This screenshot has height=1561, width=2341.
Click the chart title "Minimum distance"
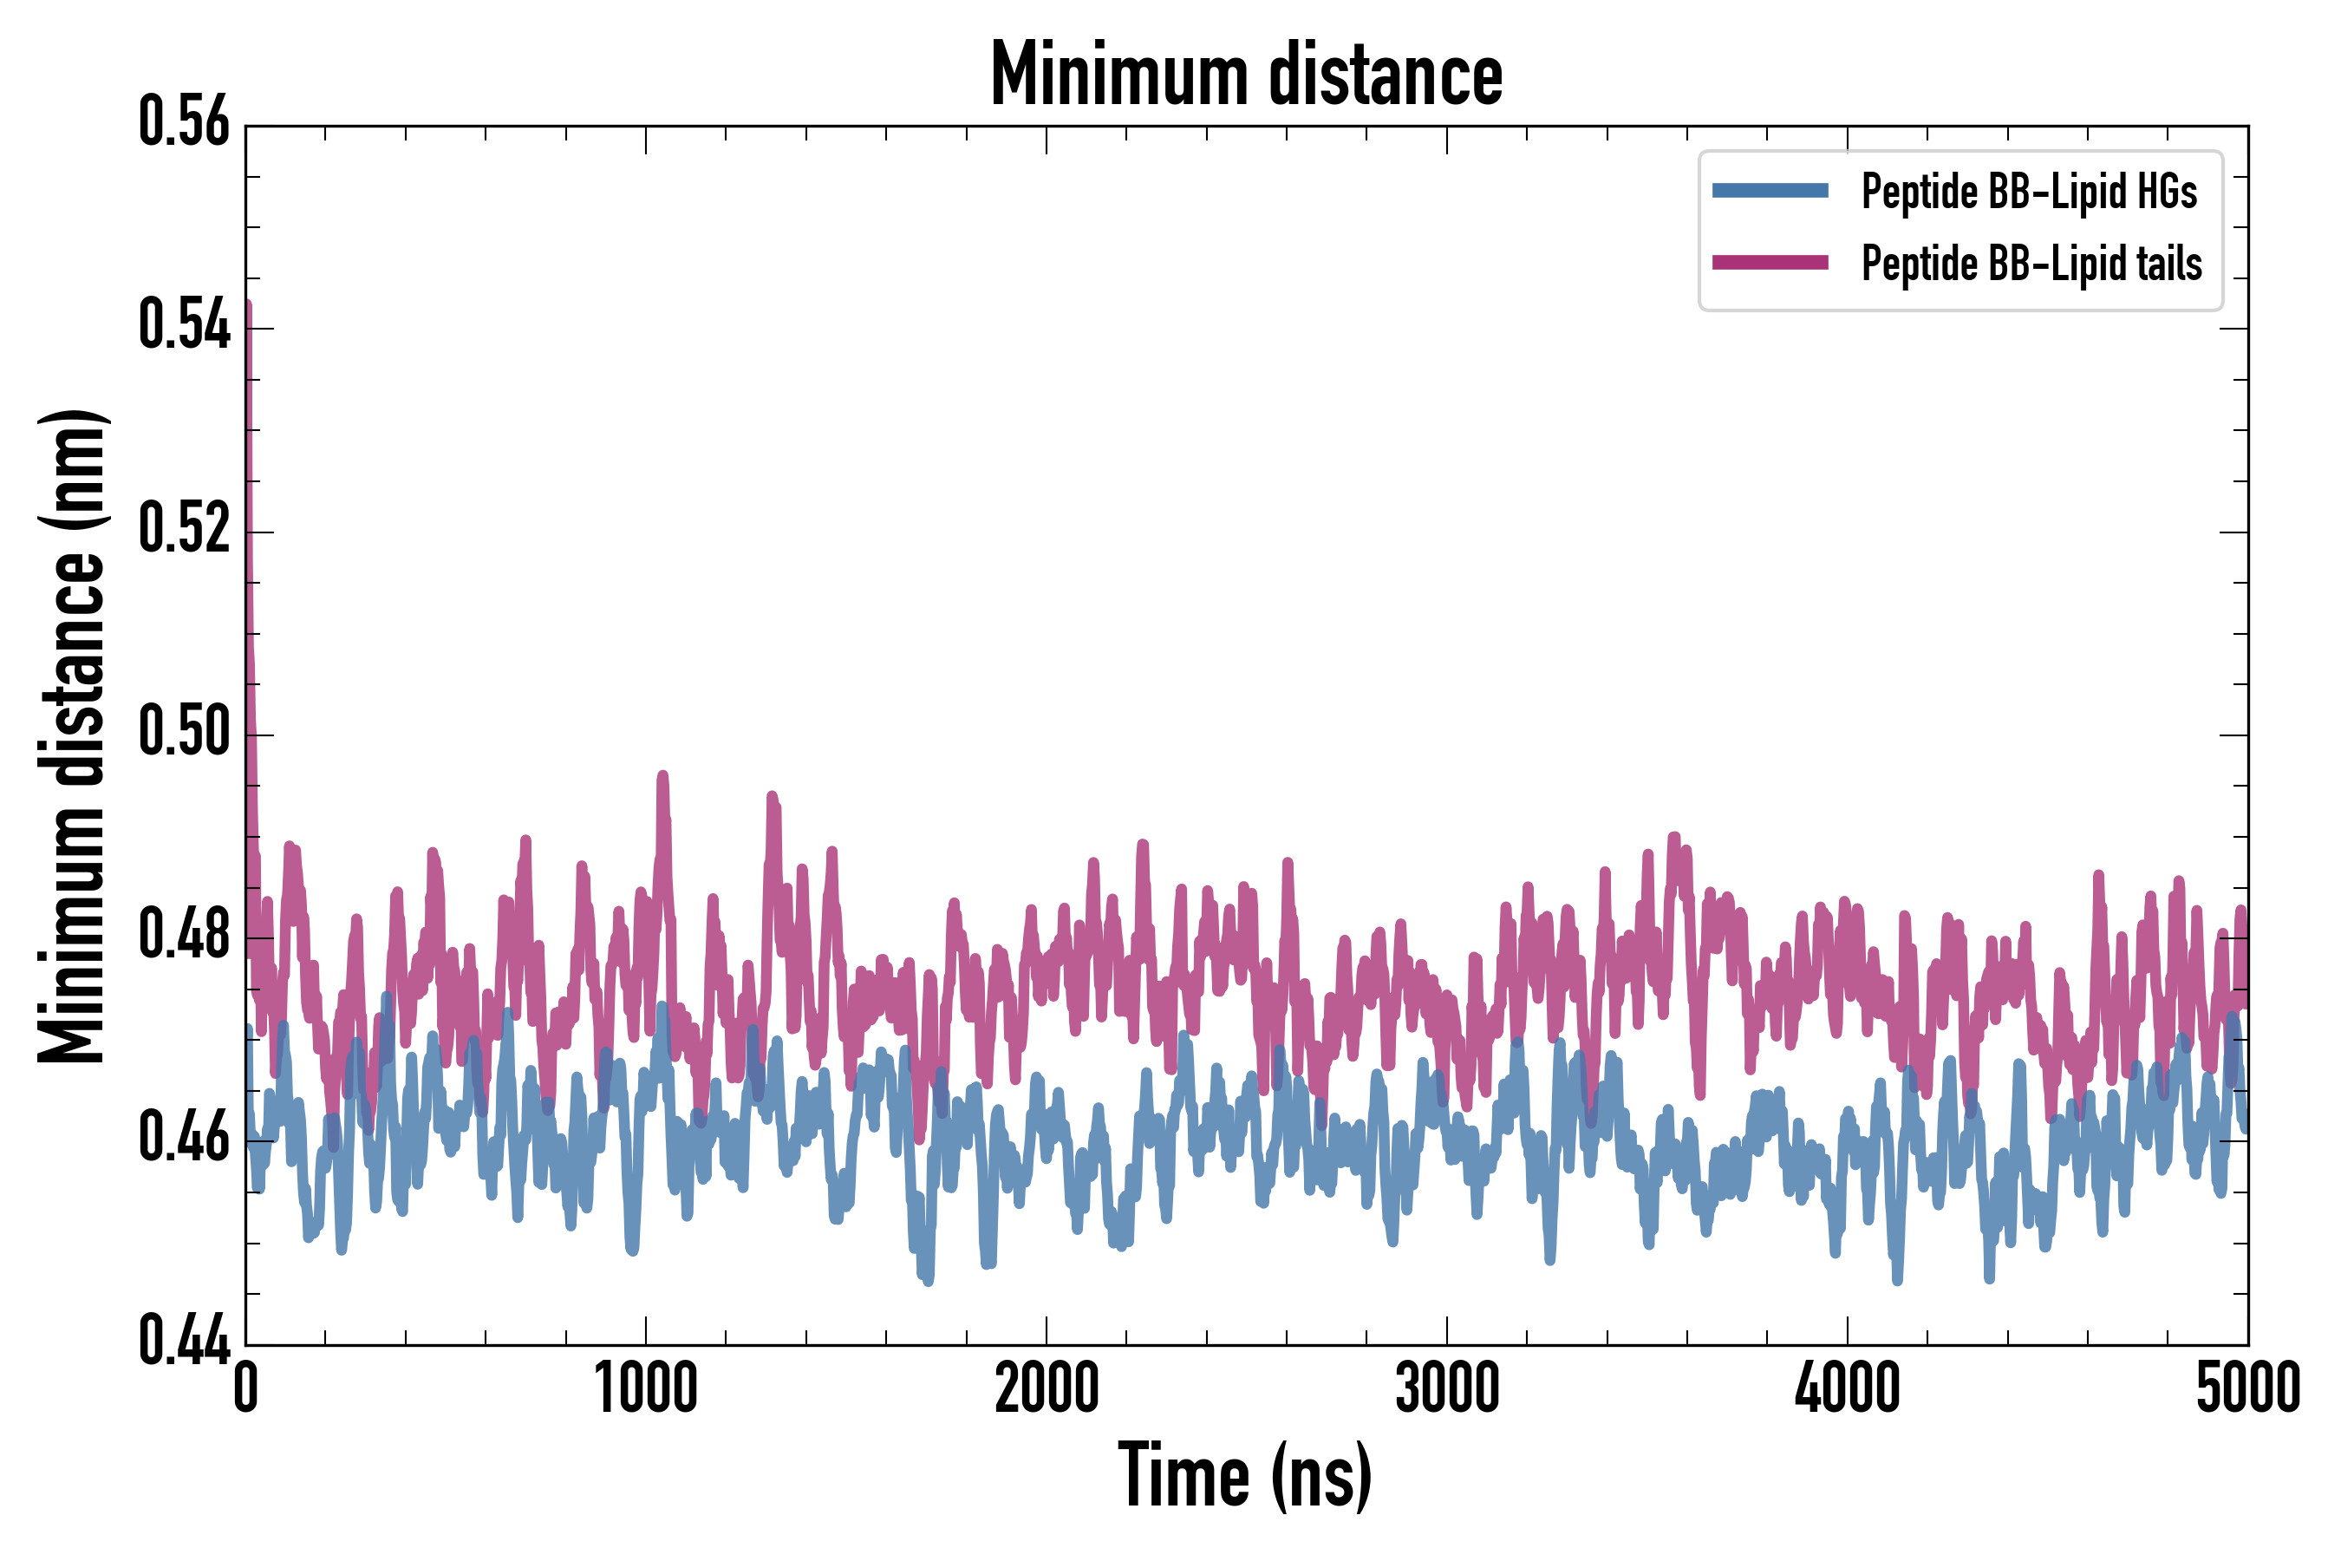[1246, 75]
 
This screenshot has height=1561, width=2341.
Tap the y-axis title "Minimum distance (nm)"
[72, 736]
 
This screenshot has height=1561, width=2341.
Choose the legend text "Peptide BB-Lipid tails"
[2031, 264]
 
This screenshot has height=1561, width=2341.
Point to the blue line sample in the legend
[1770, 191]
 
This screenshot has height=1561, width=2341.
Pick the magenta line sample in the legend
[1770, 263]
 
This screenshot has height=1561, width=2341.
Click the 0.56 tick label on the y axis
[184, 122]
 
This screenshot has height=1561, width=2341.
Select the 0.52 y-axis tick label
[184, 529]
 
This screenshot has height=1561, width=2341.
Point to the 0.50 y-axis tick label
[184, 732]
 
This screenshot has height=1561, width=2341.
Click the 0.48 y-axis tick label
[184, 935]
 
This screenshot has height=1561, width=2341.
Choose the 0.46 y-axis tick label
[184, 1138]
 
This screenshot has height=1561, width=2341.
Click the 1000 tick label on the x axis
[646, 1388]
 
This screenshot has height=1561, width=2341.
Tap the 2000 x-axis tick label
[1047, 1388]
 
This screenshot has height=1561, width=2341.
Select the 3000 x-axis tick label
[1446, 1388]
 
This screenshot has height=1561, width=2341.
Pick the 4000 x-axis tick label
[1848, 1388]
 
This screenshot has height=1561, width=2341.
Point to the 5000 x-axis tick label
[2247, 1388]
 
